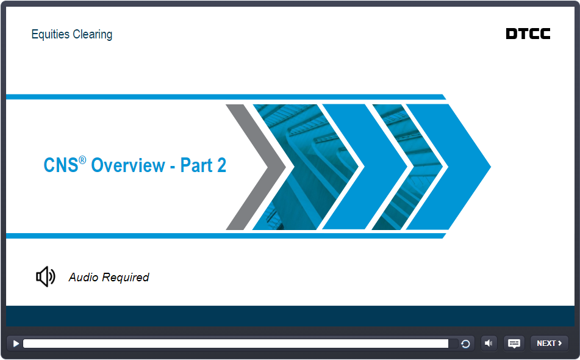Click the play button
pyautogui.click(x=16, y=344)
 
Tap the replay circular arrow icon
pyautogui.click(x=465, y=344)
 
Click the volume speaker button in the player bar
pyautogui.click(x=489, y=344)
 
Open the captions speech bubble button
pyautogui.click(x=514, y=344)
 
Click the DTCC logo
pyautogui.click(x=528, y=34)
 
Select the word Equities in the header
pyautogui.click(x=50, y=34)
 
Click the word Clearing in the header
pyautogui.click(x=93, y=34)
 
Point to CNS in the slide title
pyautogui.click(x=60, y=165)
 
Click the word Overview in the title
pyautogui.click(x=128, y=165)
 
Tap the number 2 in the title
pyautogui.click(x=221, y=165)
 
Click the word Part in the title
pyautogui.click(x=196, y=165)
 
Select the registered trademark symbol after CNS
pyautogui.click(x=82, y=160)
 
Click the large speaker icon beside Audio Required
pyautogui.click(x=46, y=276)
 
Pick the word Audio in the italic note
pyautogui.click(x=84, y=277)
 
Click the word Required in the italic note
pyautogui.click(x=126, y=278)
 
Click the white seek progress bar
pyautogui.click(x=235, y=344)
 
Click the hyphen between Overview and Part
pyautogui.click(x=173, y=167)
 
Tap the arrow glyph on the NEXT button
pyautogui.click(x=560, y=344)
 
